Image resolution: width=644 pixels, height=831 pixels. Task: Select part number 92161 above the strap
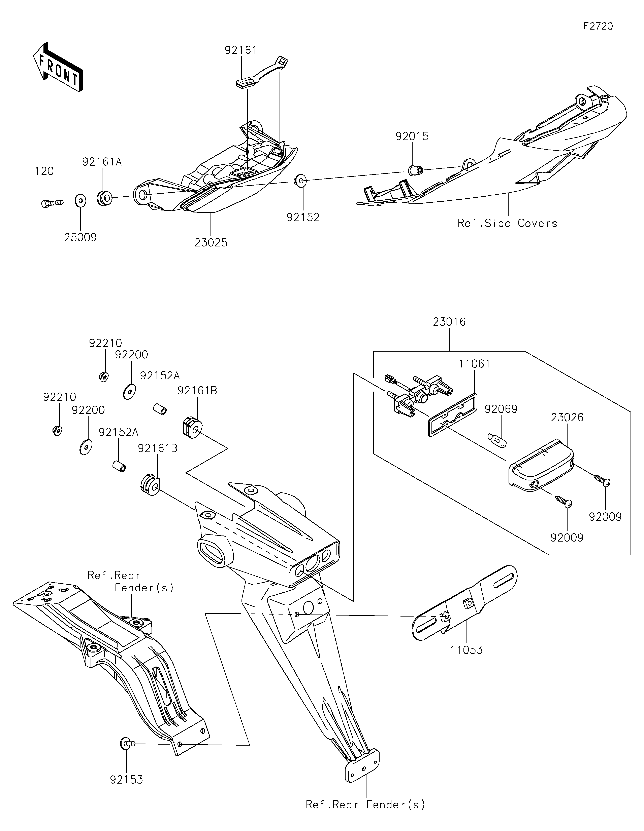[x=241, y=50]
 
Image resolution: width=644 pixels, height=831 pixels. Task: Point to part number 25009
[x=80, y=237]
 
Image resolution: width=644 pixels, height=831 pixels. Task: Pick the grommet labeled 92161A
[x=104, y=198]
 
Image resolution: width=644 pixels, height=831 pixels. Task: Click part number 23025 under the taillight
[x=211, y=242]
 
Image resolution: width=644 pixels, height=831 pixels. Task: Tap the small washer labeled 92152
[x=299, y=181]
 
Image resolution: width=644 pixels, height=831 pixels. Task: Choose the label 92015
[x=412, y=136]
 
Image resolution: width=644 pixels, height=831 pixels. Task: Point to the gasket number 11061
[x=474, y=364]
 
